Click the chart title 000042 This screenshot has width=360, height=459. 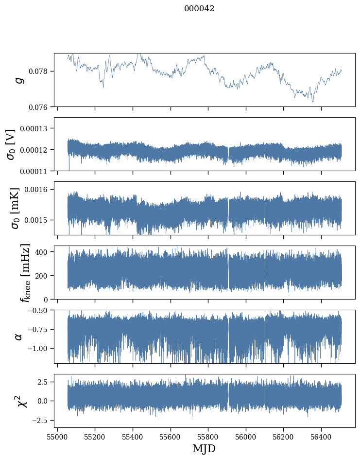199,9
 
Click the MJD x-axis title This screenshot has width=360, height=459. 204,448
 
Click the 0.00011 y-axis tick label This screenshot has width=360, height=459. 37,171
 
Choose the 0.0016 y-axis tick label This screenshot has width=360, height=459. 39,189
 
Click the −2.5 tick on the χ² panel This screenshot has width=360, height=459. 42,420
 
